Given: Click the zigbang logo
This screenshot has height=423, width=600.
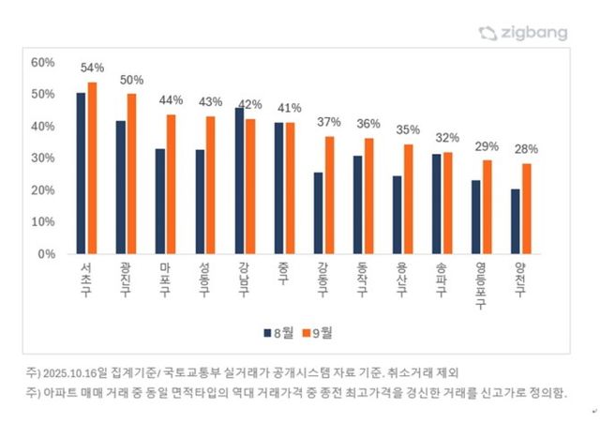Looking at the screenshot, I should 522,33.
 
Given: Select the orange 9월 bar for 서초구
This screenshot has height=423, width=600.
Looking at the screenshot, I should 92,168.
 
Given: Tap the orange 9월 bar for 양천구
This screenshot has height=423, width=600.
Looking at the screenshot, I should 527,208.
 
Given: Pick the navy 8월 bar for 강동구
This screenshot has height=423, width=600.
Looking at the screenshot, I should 319,213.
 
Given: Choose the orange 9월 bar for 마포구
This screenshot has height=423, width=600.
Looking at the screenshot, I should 171,184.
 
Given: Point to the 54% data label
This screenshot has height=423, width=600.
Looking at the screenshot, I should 92,68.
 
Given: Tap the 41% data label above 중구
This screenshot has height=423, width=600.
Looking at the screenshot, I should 289,107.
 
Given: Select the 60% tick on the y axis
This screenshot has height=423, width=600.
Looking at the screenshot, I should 44,62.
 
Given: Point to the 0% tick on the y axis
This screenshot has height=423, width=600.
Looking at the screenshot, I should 48,253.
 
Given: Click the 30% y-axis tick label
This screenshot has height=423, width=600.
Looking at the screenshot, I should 44,158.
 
